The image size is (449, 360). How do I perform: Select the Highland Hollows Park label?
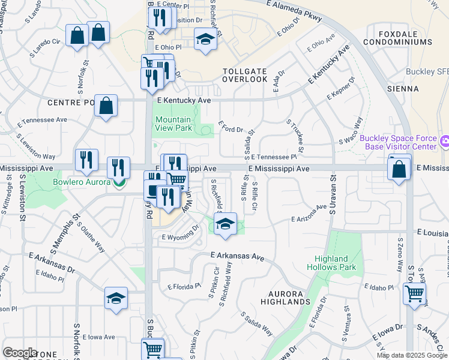pyautogui.click(x=331, y=263)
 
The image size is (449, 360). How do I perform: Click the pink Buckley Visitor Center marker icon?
pyautogui.click(x=444, y=142)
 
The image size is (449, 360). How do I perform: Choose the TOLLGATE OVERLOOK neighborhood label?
pyautogui.click(x=245, y=75)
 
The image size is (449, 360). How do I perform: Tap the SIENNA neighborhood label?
pyautogui.click(x=403, y=89)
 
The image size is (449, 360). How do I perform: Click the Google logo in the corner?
pyautogui.click(x=20, y=353)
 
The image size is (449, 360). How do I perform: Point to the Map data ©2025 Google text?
pyautogui.click(x=412, y=355)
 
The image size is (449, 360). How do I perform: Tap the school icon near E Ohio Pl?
pyautogui.click(x=205, y=40)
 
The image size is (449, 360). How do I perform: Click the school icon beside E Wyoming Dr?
pyautogui.click(x=225, y=224)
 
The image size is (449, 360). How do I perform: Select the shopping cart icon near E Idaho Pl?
pyautogui.click(x=414, y=294)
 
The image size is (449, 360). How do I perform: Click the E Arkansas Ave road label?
pyautogui.click(x=238, y=257)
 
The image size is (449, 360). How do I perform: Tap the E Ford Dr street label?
pyautogui.click(x=231, y=127)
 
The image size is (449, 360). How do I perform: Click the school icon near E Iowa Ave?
pyautogui.click(x=116, y=298)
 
